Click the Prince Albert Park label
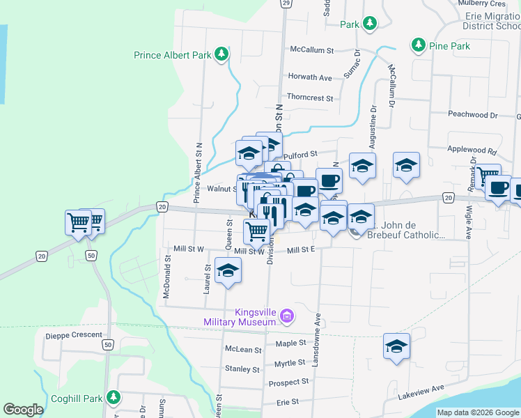pos(173,54)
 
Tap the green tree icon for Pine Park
pos(418,46)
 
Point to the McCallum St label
pos(312,50)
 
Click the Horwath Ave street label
pos(309,77)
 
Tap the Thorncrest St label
pos(310,98)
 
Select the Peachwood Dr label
pos(473,114)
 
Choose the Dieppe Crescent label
pos(69,334)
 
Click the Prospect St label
pos(288,382)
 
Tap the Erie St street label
pos(288,402)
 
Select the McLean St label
pos(243,349)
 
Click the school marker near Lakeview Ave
pos(396,346)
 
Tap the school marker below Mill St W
pos(228,271)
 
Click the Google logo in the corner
pos(23,410)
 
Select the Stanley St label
pos(242,369)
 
